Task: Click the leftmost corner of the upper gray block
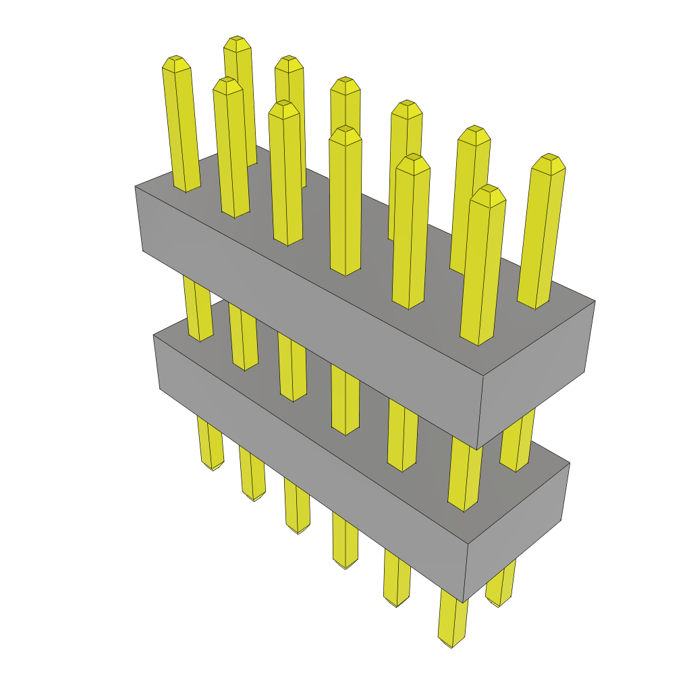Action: (135, 187)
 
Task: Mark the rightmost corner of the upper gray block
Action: (595, 301)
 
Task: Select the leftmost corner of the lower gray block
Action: (154, 335)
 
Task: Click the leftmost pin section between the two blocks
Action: (197, 310)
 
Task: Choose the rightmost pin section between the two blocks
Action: (518, 439)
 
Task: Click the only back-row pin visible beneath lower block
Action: (500, 587)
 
